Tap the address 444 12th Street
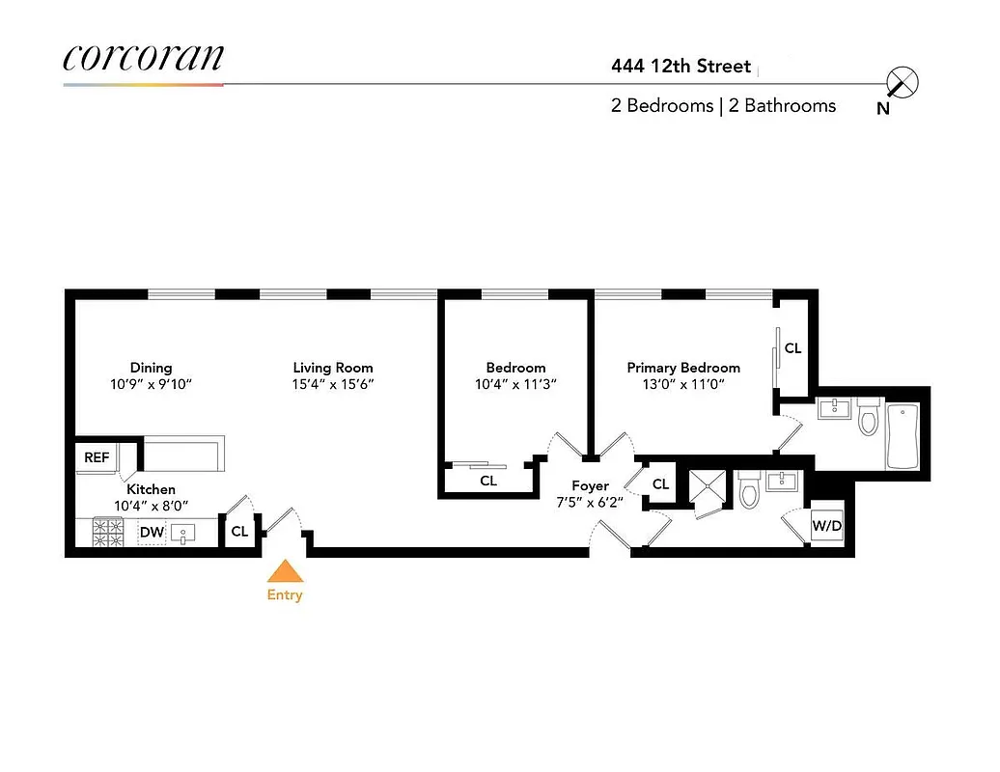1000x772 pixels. (x=681, y=67)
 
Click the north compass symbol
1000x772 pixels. (x=903, y=84)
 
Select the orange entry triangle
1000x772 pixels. (x=285, y=571)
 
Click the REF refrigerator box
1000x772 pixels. (x=97, y=457)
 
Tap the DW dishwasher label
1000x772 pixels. (x=151, y=532)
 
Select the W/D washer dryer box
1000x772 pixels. (x=826, y=527)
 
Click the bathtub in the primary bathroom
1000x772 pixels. (x=902, y=437)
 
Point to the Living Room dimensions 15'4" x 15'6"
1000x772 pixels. (x=333, y=384)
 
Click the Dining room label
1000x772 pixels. (x=151, y=368)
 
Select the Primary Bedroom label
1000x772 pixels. (x=683, y=368)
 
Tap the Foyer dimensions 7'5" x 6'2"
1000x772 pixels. (x=590, y=503)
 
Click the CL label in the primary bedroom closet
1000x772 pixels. (x=792, y=348)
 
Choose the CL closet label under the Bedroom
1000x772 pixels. (x=488, y=480)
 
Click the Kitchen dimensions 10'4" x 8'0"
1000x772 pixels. (x=151, y=506)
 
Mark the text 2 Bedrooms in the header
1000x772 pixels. (x=661, y=106)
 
